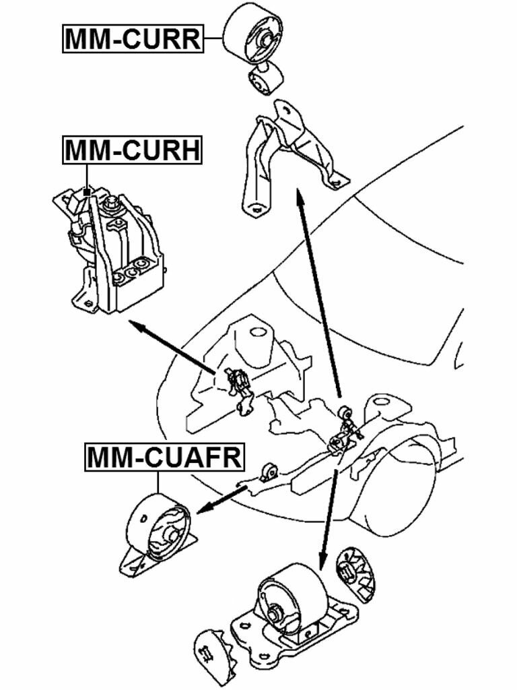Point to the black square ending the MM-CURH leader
tap(87, 192)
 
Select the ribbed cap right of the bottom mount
tap(355, 573)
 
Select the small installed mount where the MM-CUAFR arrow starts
tap(270, 472)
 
